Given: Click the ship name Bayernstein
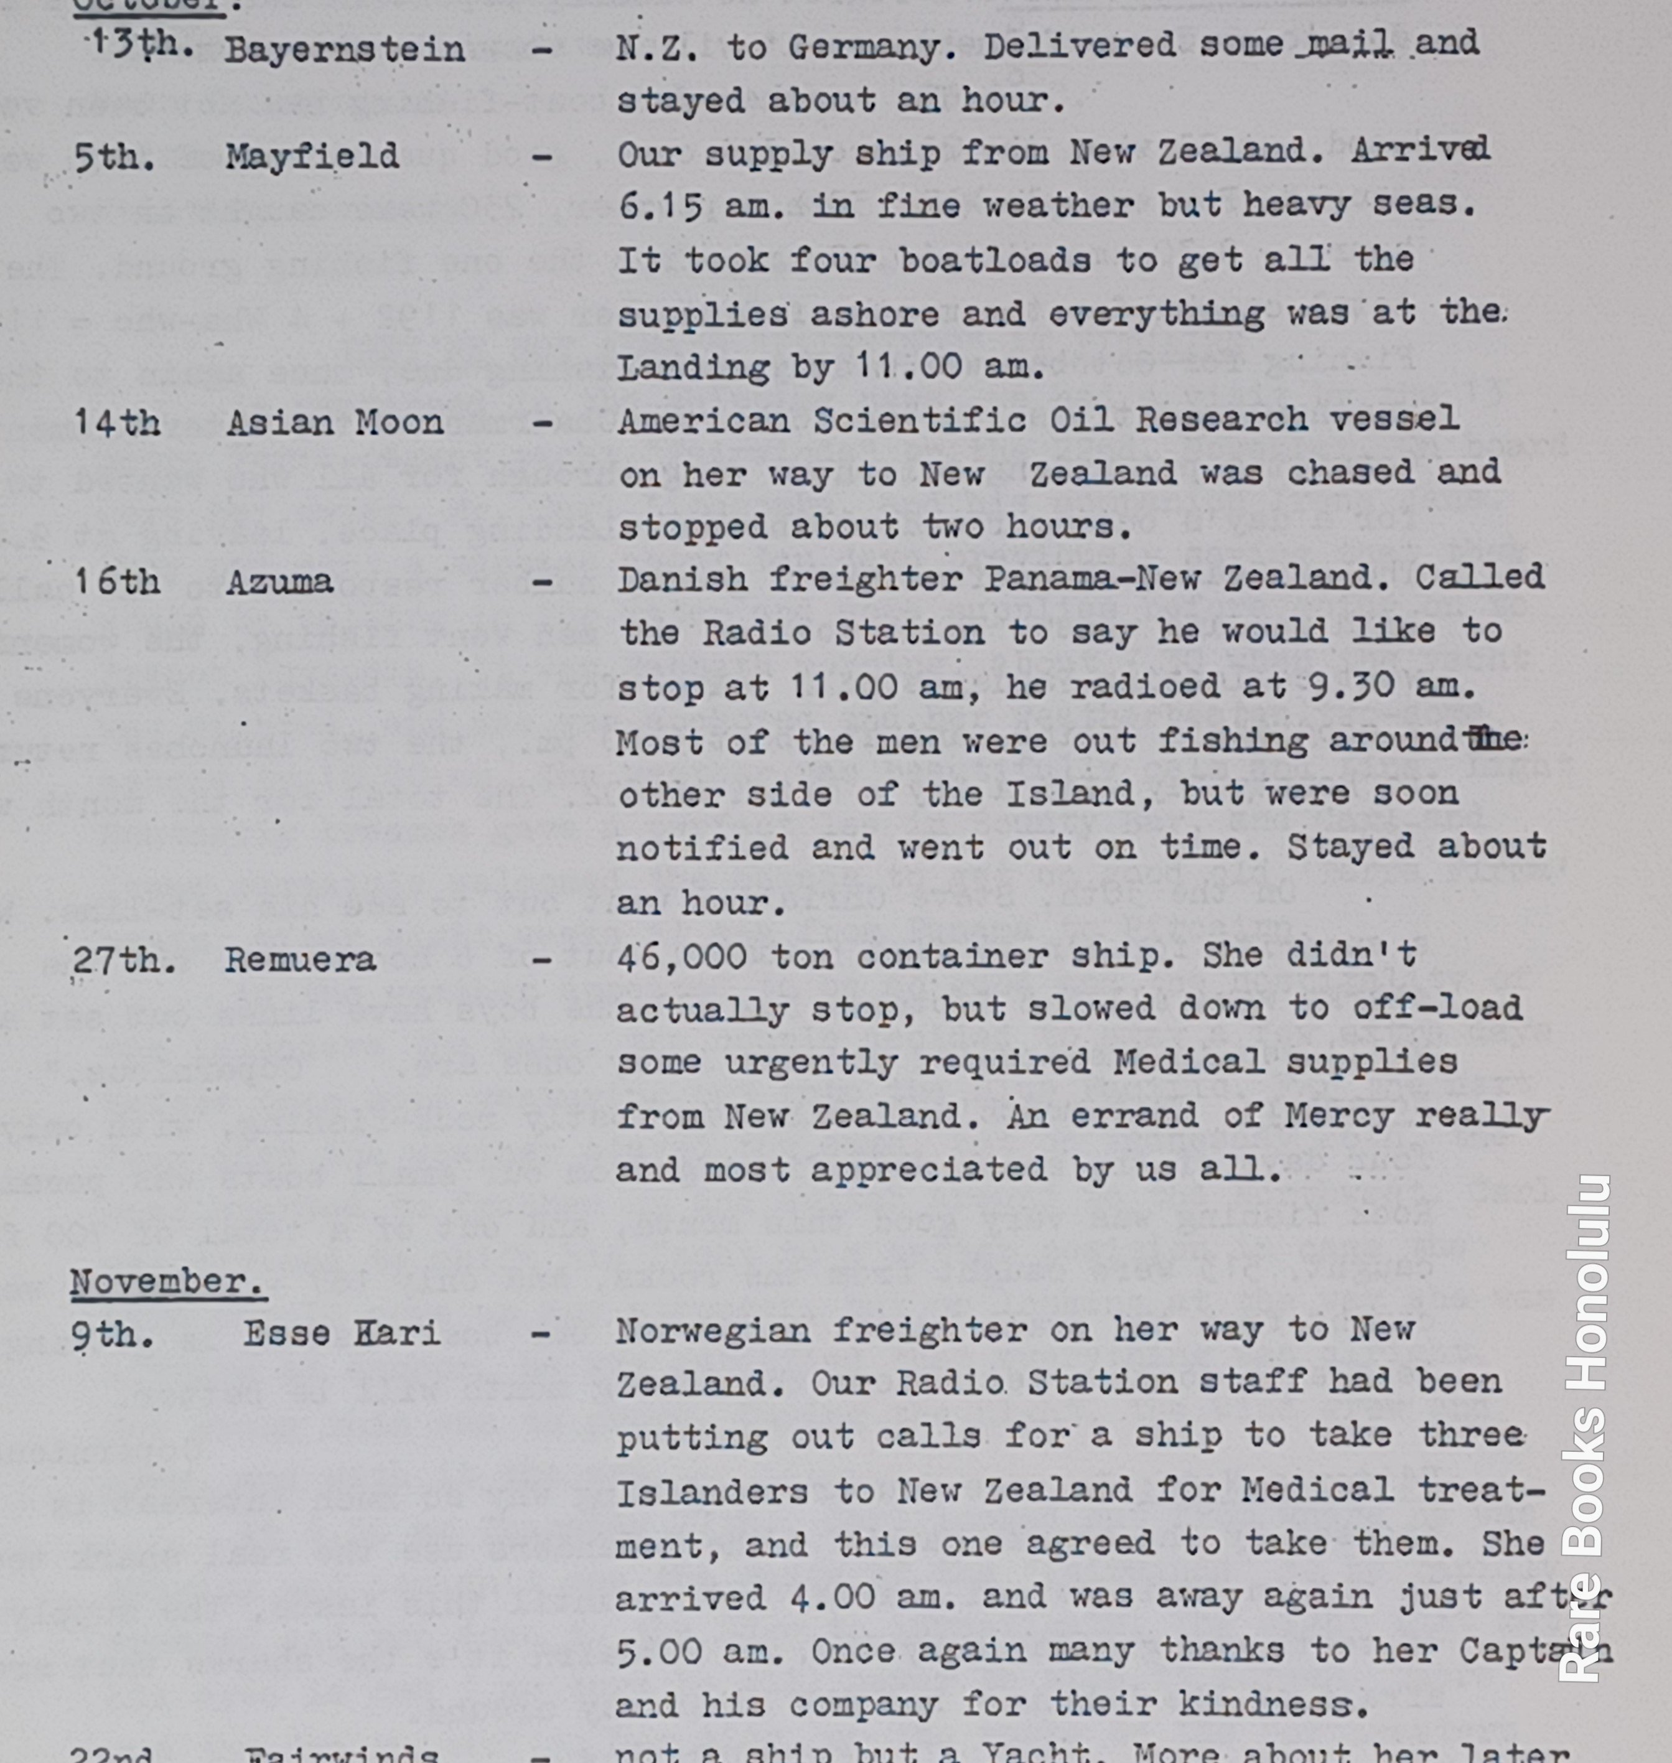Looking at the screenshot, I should (344, 49).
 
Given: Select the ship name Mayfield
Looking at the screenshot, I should (311, 157).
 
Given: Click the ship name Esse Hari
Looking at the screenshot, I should (342, 1334).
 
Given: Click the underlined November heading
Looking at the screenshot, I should (167, 1282).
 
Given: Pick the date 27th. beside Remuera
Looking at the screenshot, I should (123, 960).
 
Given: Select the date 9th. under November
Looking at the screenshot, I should (112, 1334).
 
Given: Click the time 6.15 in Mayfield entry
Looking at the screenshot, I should (660, 207).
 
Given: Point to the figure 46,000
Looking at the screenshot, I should (682, 957).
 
